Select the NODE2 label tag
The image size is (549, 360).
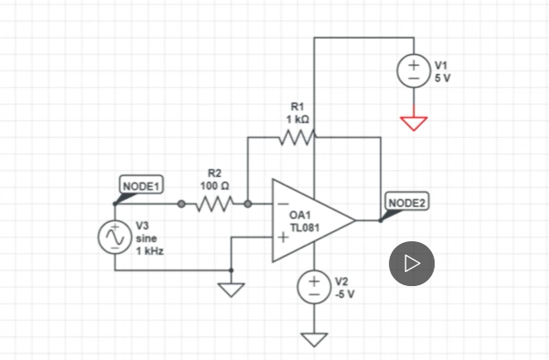(406, 203)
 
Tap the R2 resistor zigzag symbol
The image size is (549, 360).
(215, 204)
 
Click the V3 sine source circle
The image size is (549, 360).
(115, 238)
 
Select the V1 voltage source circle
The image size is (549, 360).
(414, 71)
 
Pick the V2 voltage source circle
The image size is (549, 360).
(314, 285)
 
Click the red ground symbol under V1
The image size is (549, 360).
(414, 122)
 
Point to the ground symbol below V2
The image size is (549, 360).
(314, 338)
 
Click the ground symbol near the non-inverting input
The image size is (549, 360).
(231, 289)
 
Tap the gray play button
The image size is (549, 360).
(412, 263)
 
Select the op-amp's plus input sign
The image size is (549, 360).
(282, 237)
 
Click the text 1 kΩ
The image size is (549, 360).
(296, 119)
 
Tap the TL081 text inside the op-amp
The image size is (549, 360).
(304, 227)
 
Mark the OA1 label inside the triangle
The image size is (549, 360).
(300, 215)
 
